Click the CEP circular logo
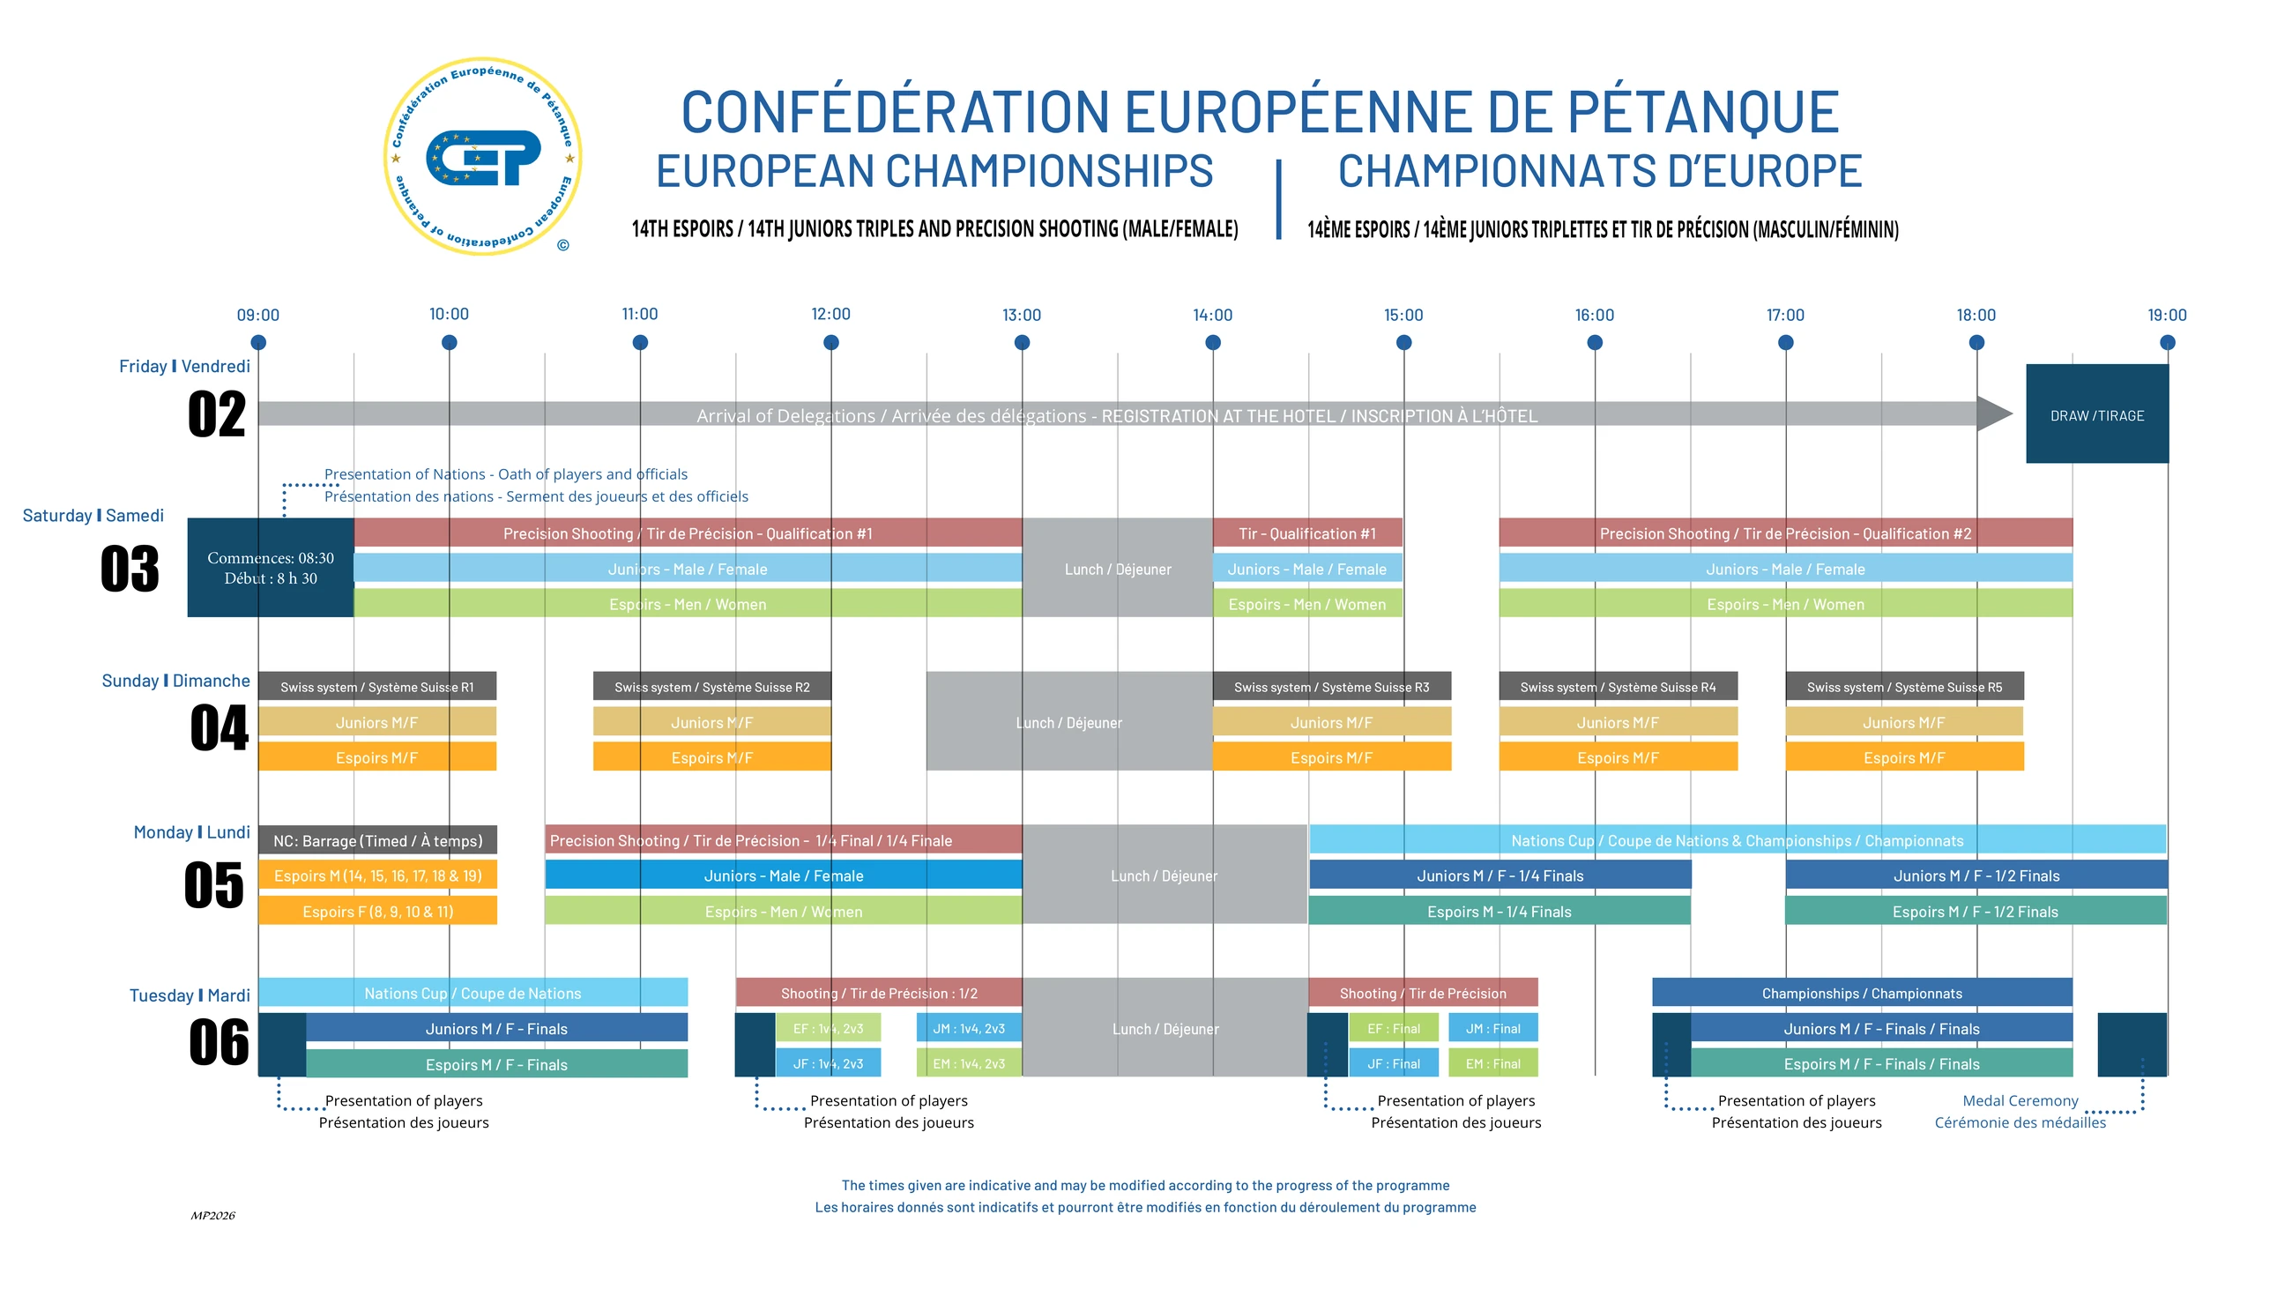[482, 157]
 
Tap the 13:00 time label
[1022, 315]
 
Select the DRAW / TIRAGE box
[2097, 414]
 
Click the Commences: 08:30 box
[271, 568]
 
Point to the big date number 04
[219, 727]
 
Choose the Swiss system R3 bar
[1331, 686]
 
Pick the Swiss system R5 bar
[1904, 686]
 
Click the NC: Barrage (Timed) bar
[377, 839]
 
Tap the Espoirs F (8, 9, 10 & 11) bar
[377, 911]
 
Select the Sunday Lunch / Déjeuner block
[1068, 721]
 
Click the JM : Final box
[1493, 1027]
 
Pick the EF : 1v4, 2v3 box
[828, 1027]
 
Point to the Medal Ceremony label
[2020, 1100]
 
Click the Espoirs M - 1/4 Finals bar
[1499, 911]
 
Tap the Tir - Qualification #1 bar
[1307, 533]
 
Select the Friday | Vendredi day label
[184, 366]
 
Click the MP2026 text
[212, 1215]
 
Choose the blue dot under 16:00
[1595, 342]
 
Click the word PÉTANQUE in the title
[1702, 112]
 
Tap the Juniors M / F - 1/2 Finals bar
[1976, 875]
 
